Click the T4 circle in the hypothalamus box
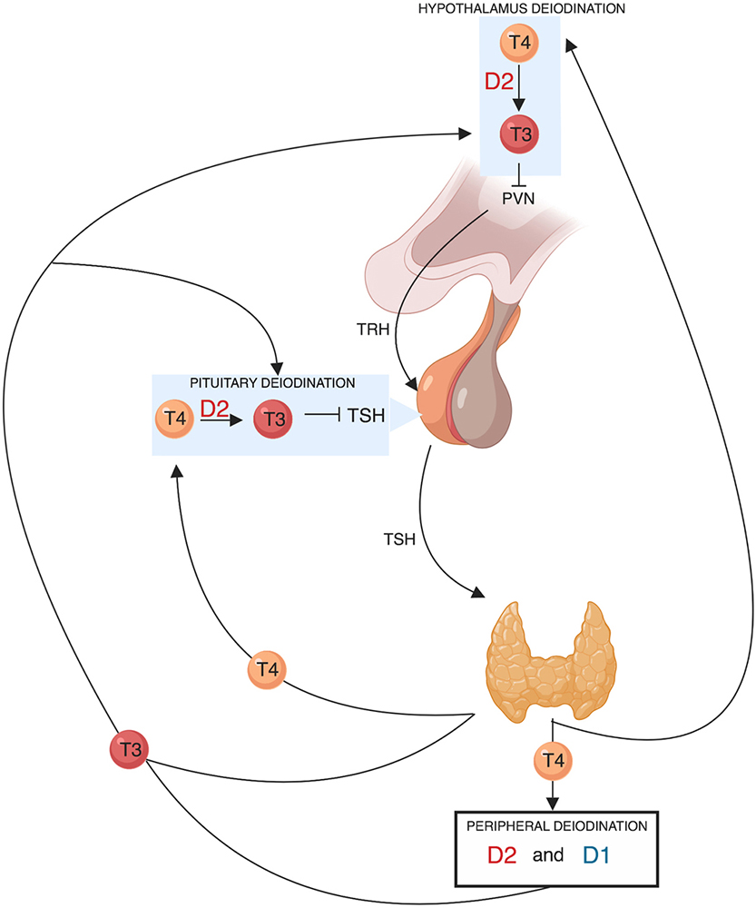[520, 44]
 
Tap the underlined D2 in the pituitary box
[215, 410]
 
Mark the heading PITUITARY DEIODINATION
[270, 381]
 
